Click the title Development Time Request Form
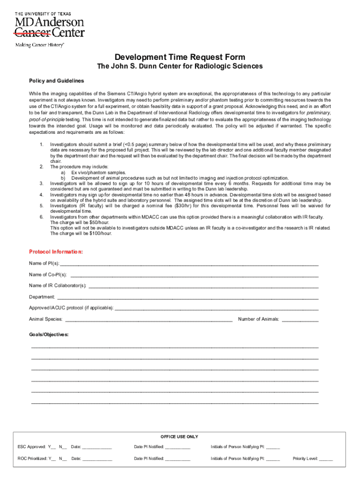(180, 58)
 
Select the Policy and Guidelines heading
(56, 81)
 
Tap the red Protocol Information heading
(56, 252)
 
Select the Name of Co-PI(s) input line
(194, 275)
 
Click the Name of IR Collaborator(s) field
(203, 286)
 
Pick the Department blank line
(187, 298)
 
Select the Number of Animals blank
(300, 320)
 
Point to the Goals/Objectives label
(49, 335)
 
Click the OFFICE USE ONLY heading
(180, 436)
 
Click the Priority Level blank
(326, 459)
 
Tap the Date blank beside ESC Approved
(97, 447)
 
